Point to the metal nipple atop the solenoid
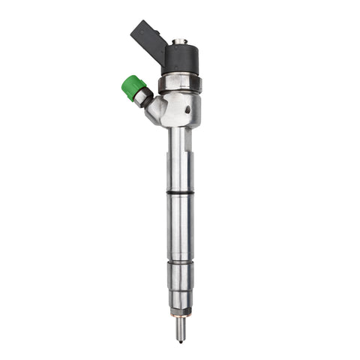[x=179, y=41]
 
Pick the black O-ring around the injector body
[x=180, y=193]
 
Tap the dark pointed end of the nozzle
[x=180, y=337]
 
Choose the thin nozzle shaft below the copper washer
[x=180, y=323]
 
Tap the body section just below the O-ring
[x=180, y=225]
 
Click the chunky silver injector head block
[x=181, y=109]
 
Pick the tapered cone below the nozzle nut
[x=180, y=298]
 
